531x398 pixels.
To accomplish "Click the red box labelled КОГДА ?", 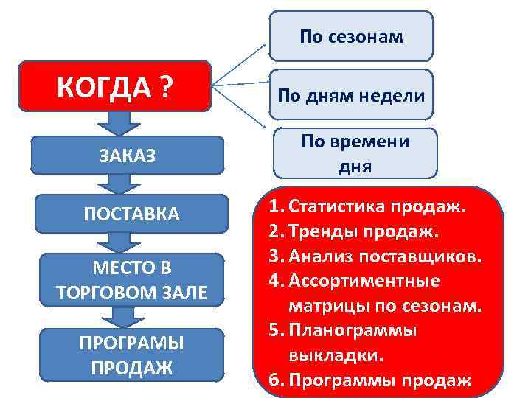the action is tap(116, 87).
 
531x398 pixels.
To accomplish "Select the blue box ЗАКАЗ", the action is tap(129, 155).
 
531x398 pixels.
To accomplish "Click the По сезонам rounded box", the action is tap(350, 36).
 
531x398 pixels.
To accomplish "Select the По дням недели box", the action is tap(350, 94).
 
